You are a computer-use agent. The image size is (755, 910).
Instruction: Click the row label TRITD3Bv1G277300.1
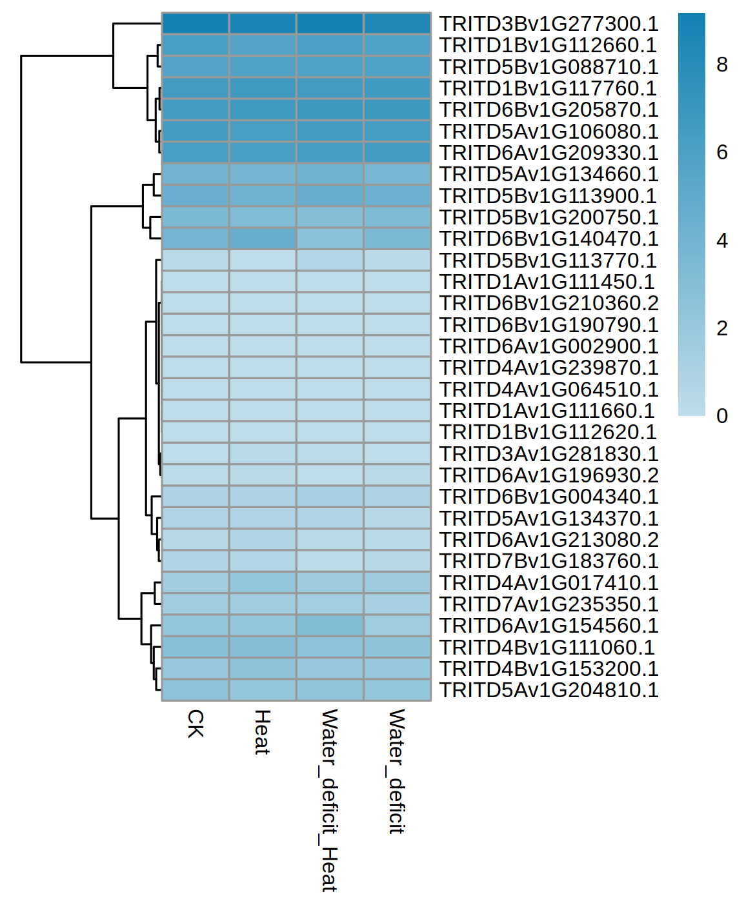[549, 24]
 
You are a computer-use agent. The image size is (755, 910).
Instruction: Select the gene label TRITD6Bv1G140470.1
[549, 239]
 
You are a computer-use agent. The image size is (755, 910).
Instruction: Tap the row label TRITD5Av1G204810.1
[549, 690]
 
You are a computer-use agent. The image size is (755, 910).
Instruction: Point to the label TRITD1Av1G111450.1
[547, 282]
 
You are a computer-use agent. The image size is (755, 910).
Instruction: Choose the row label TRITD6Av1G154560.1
[549, 626]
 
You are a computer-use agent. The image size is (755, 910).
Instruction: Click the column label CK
[196, 724]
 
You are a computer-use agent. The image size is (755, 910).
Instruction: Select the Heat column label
[262, 732]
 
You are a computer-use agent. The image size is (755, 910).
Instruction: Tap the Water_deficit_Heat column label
[329, 800]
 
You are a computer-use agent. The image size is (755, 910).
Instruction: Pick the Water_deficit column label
[396, 771]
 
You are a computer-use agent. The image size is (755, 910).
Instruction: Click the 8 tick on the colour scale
[722, 64]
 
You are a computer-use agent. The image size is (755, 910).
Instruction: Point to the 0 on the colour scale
[722, 416]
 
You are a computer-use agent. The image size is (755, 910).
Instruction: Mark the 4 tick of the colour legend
[722, 241]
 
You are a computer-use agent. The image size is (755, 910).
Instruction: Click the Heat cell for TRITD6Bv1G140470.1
[263, 239]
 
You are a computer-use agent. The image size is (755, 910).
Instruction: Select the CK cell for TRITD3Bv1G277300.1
[195, 24]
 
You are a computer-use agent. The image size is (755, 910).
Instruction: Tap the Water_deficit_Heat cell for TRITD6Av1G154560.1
[330, 626]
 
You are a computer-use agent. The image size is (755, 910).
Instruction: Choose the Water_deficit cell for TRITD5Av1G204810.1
[397, 690]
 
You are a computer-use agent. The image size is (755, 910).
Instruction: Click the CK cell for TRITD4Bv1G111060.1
[195, 647]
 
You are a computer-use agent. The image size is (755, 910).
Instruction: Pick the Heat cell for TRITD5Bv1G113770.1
[263, 260]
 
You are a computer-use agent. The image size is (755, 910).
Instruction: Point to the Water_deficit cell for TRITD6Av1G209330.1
[397, 153]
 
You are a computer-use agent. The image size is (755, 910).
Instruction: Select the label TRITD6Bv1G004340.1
[549, 497]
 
